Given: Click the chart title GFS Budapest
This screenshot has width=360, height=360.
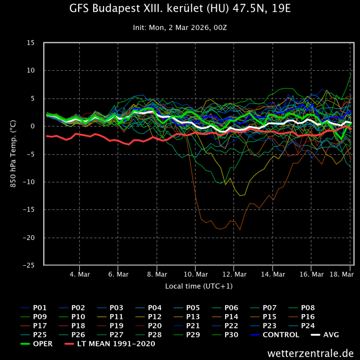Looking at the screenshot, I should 180,9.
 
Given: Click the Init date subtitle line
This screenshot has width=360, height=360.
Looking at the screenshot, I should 180,28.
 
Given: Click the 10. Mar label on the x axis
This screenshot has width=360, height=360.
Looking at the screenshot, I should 196,274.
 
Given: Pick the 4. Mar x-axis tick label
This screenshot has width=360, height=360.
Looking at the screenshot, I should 80,274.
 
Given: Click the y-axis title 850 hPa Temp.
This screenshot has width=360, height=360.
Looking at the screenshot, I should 14,154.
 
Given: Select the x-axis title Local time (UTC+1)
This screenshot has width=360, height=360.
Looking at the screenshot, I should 199,285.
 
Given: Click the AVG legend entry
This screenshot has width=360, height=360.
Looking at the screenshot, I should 331,335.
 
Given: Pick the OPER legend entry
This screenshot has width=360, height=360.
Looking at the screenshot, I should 43,344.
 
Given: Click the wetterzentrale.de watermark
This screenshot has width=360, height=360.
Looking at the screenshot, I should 311,353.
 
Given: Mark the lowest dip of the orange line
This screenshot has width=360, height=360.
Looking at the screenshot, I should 240,230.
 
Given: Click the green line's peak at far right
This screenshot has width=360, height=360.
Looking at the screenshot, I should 351,73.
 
